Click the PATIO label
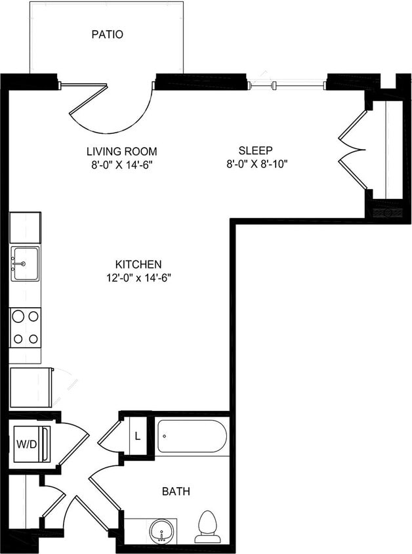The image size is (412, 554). point(107,35)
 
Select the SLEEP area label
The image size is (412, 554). point(255,150)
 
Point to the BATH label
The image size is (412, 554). point(176,491)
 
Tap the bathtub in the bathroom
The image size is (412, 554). point(192,436)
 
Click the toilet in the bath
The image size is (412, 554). point(207,527)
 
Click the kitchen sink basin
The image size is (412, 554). point(25,263)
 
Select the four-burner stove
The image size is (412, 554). point(25,327)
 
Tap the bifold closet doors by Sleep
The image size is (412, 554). point(352,150)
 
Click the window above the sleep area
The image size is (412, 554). point(286,85)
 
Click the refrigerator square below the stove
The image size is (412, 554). point(30,388)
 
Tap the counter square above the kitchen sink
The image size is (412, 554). point(25,227)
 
